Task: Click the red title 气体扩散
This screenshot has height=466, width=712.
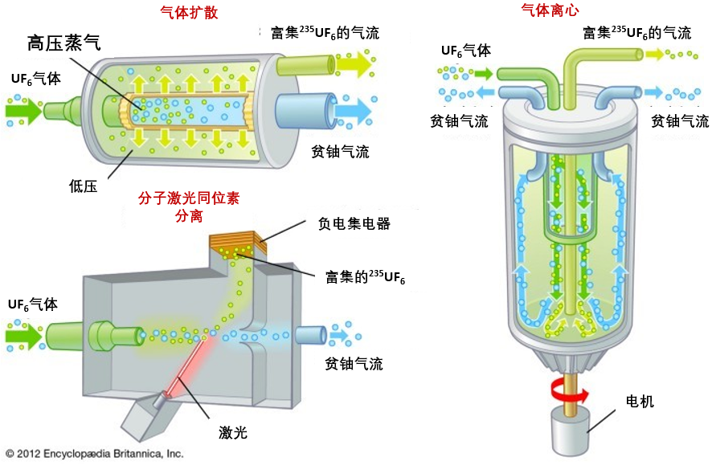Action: point(190,12)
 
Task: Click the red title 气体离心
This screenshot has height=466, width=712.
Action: point(550,10)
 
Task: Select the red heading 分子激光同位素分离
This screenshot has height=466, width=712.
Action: point(189,206)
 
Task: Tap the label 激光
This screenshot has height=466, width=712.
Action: point(233,433)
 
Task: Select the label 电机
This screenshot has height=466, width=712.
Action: point(640,400)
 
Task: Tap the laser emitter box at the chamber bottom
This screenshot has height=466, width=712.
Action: point(149,416)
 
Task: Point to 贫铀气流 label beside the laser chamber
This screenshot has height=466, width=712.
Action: point(354,364)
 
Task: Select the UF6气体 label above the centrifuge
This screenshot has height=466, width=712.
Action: point(465,51)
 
